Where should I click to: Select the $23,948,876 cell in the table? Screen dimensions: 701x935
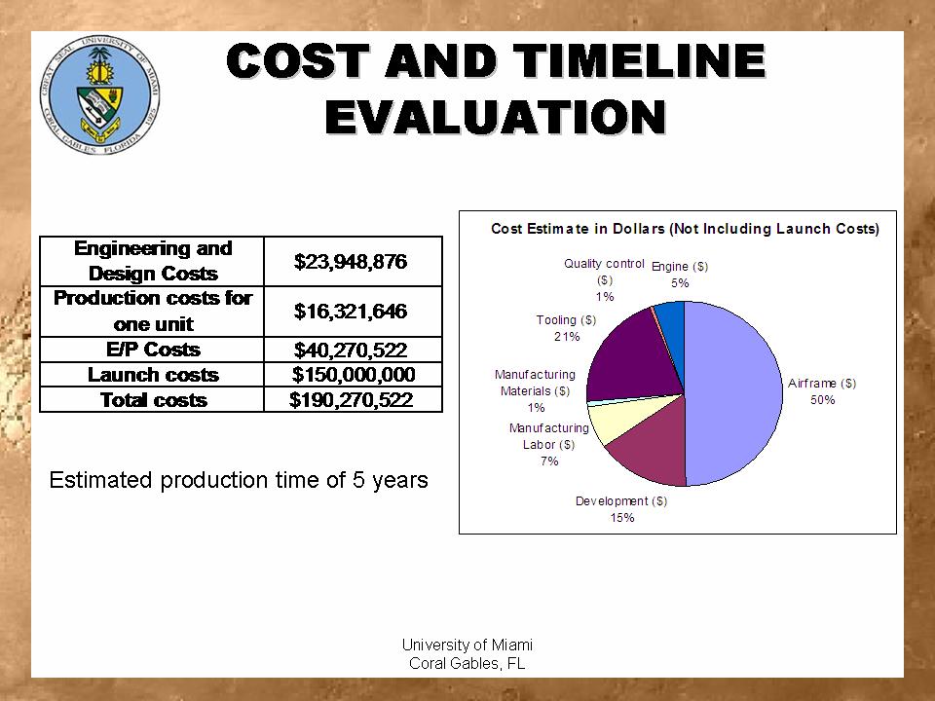click(x=353, y=261)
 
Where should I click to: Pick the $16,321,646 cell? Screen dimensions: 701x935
click(x=353, y=311)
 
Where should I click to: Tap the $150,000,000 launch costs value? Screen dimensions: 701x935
click(x=353, y=375)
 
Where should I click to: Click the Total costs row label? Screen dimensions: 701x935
click(x=153, y=399)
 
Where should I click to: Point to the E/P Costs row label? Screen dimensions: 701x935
click(x=153, y=350)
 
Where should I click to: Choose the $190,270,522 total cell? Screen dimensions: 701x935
click(x=353, y=399)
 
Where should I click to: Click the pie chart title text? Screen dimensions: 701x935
click(x=685, y=229)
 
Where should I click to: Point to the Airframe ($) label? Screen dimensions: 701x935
click(x=822, y=384)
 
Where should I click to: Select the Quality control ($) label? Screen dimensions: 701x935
click(x=604, y=264)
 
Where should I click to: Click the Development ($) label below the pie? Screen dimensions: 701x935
click(x=621, y=501)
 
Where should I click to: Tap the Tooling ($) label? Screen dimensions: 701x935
click(x=566, y=319)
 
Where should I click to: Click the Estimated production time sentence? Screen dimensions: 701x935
click(x=239, y=480)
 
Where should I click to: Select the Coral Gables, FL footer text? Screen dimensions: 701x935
click(x=467, y=664)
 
